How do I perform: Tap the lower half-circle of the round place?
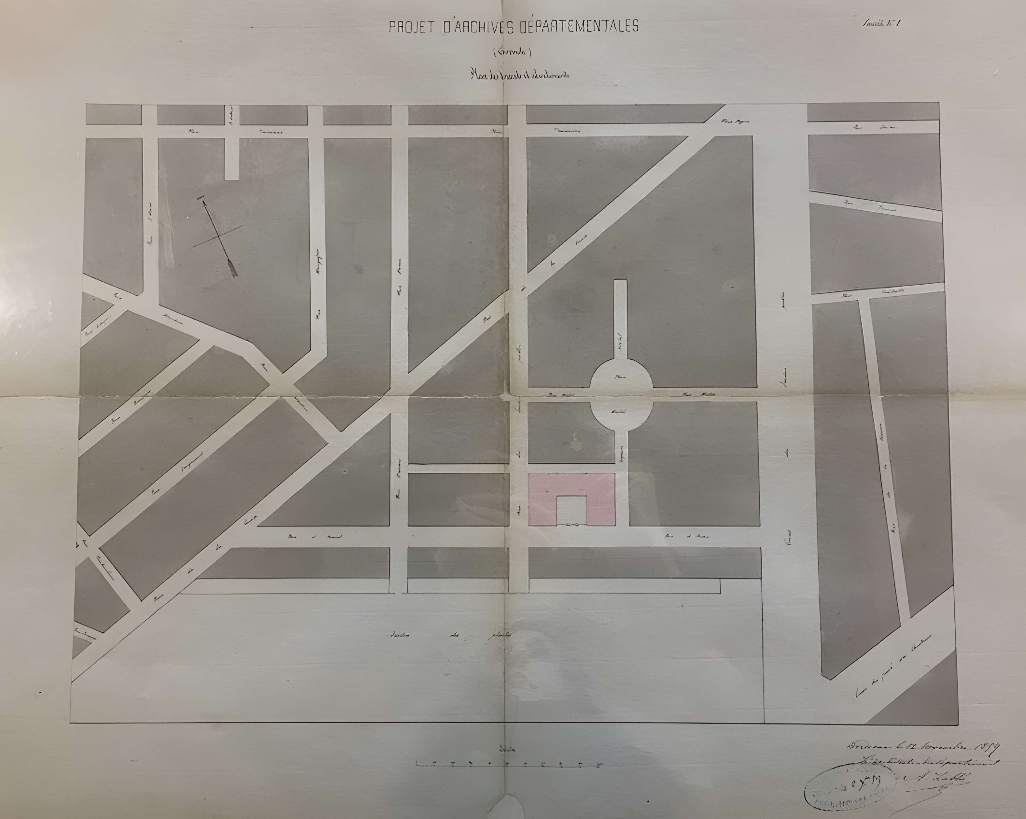621,414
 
